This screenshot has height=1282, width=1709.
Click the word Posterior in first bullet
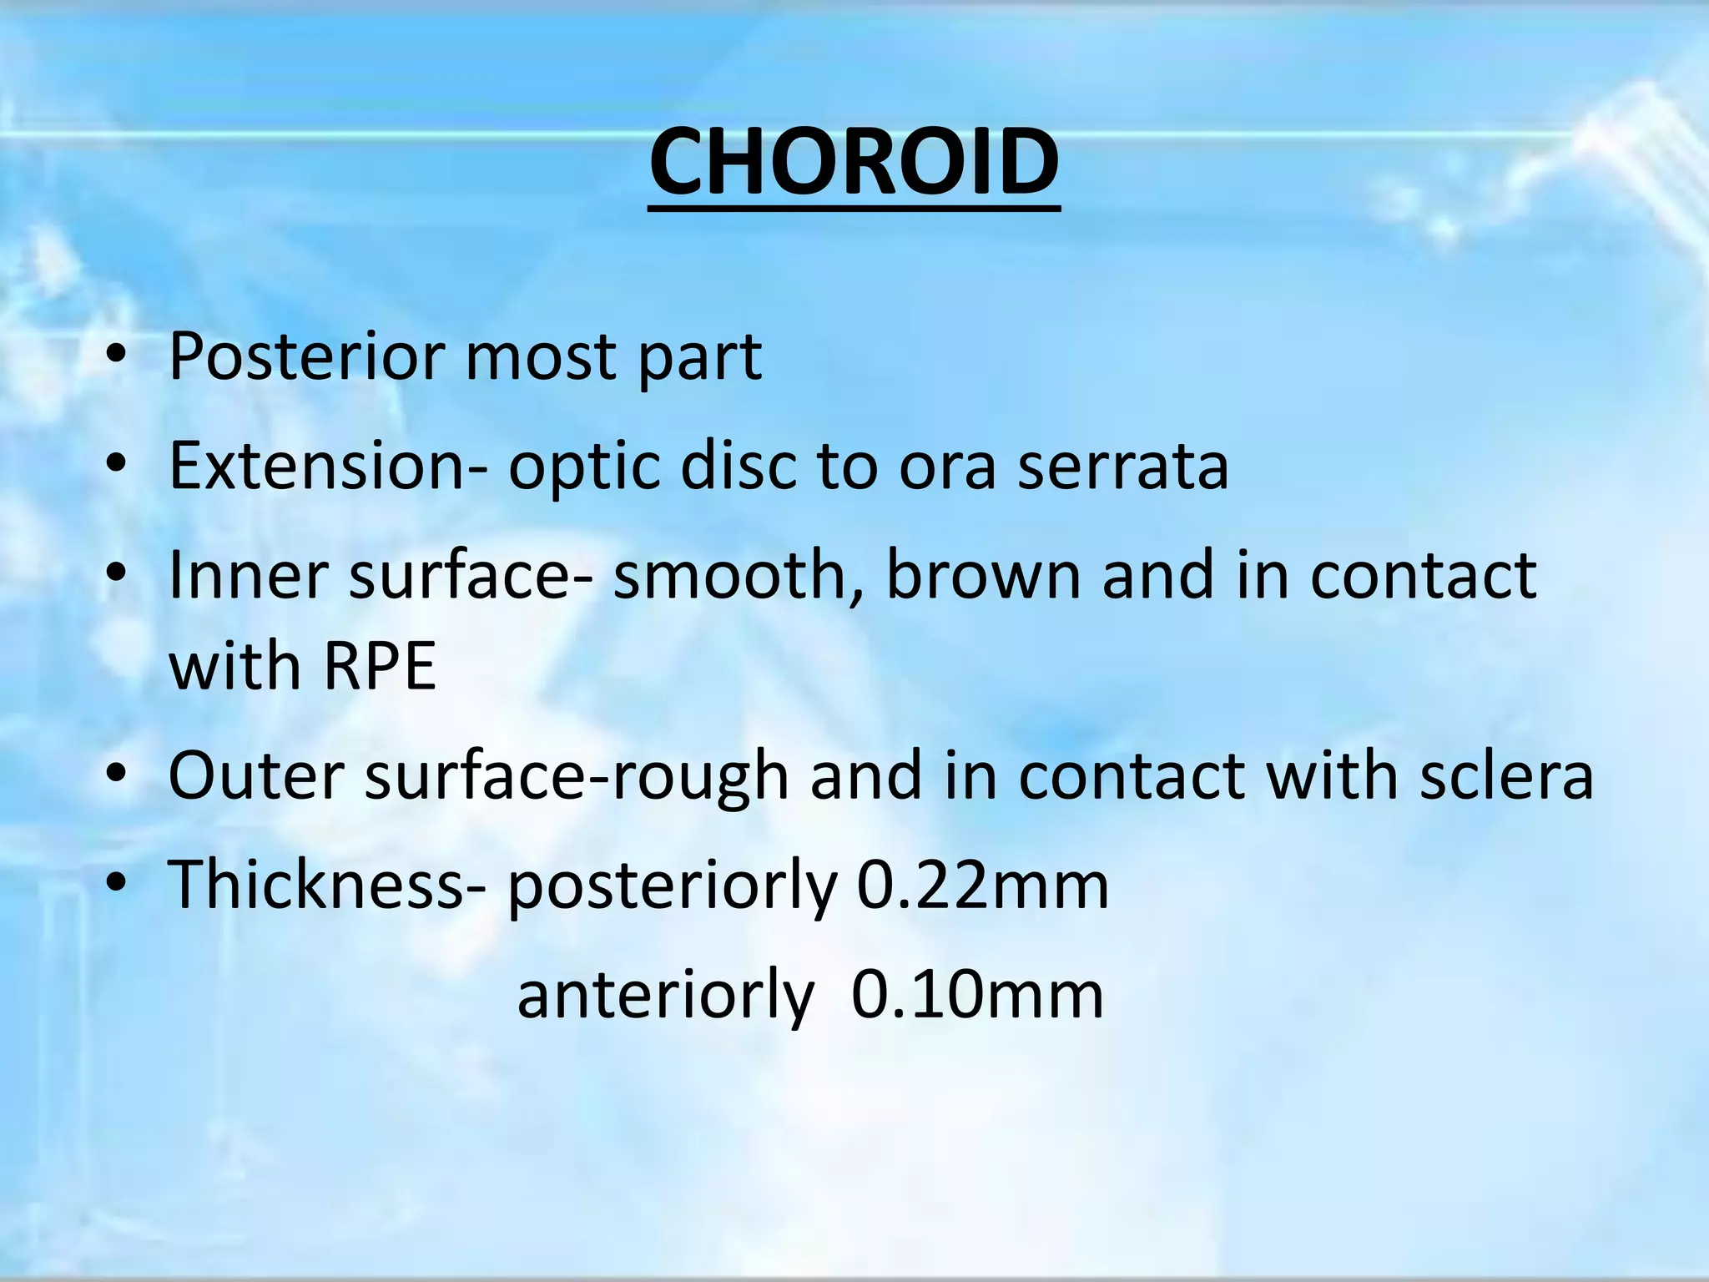305,357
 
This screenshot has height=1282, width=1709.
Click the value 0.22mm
983,886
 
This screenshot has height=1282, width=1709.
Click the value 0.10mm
977,996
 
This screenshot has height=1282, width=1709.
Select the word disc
738,466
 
